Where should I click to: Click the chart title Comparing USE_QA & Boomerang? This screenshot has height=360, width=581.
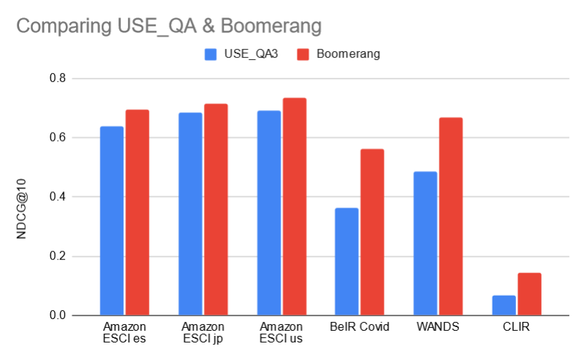(169, 26)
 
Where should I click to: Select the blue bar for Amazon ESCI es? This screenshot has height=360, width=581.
(112, 221)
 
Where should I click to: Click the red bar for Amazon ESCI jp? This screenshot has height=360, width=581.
(216, 210)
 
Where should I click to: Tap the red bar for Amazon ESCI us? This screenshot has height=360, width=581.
(295, 207)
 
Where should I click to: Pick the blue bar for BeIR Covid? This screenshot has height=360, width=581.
(346, 261)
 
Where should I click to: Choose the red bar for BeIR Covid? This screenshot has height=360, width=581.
(372, 232)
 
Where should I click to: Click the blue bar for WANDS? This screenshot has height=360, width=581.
(425, 243)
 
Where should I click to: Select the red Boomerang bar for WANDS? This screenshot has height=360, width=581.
(451, 216)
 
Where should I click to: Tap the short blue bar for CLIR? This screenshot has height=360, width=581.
(504, 305)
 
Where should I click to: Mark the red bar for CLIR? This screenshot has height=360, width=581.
(529, 294)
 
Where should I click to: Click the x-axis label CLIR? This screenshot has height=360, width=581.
(516, 326)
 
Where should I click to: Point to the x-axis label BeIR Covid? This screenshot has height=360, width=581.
(359, 326)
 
